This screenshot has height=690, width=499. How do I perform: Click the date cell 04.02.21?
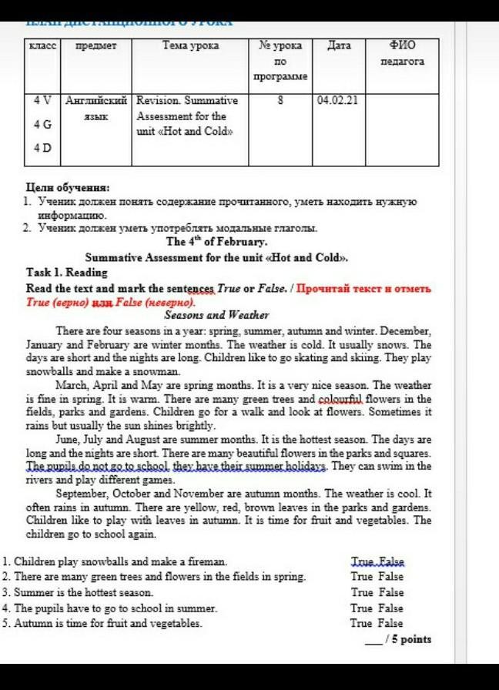(337, 100)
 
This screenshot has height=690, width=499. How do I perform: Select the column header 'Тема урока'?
(190, 46)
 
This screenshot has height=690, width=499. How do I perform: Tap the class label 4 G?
(42, 124)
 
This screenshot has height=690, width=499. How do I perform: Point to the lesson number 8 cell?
(280, 100)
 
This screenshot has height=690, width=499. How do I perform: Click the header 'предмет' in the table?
(95, 46)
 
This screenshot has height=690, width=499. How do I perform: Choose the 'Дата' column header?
(339, 46)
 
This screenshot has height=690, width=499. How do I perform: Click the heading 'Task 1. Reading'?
(67, 273)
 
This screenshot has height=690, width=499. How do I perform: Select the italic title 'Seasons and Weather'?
(216, 315)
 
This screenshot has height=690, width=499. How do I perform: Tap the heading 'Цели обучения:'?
(68, 187)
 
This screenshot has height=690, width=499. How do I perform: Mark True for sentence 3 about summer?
(361, 592)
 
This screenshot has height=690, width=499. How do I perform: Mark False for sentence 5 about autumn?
(390, 623)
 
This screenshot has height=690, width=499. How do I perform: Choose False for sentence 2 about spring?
(390, 576)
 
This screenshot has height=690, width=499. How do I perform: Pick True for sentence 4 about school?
(361, 608)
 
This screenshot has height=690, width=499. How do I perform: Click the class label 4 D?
(42, 147)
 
